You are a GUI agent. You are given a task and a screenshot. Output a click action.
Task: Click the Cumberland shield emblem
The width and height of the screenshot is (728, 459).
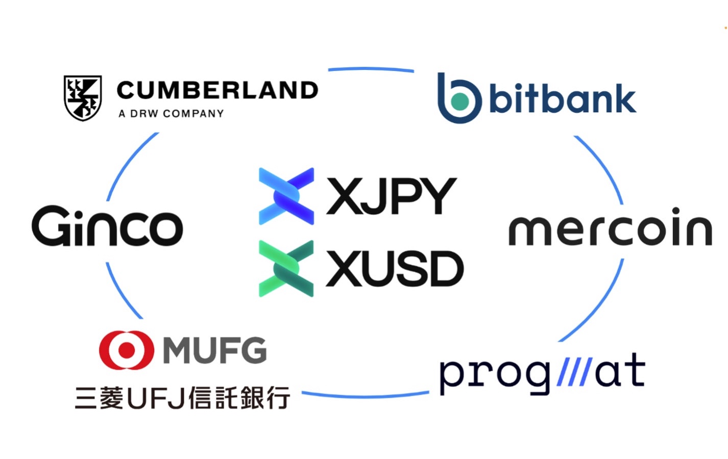coord(83,98)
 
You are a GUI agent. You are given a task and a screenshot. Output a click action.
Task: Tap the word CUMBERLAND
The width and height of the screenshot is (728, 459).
coord(217,90)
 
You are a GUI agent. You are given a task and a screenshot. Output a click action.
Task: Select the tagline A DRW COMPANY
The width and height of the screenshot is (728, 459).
coord(171,114)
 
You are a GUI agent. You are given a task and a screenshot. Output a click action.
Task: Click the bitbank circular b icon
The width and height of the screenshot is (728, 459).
coord(459,98)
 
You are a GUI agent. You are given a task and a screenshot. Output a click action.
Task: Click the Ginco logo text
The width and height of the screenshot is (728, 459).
coord(107,226)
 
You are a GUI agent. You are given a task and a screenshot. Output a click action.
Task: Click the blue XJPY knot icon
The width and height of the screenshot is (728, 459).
coord(286,196)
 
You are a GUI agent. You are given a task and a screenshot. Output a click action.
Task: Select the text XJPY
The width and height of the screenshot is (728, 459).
coord(391,196)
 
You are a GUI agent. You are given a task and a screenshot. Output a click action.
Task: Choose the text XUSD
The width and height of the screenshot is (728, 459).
coord(394,269)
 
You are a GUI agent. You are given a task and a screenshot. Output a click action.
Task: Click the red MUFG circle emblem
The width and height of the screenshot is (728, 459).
coord(126,350)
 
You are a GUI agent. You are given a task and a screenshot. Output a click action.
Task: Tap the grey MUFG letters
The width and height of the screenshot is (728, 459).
coord(215,350)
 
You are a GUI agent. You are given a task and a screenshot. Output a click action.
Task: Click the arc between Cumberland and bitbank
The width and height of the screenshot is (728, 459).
coord(371,69)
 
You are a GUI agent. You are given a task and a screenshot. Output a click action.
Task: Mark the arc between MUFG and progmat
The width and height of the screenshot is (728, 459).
coord(365,395)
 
